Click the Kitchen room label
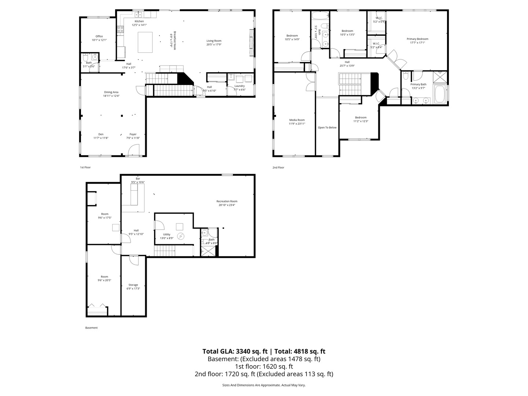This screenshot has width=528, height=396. (x=139, y=21)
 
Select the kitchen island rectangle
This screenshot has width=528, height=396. (x=145, y=42)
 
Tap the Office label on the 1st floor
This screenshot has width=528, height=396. (x=99, y=36)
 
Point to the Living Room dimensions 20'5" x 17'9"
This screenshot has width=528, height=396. (x=214, y=44)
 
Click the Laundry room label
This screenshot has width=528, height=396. (x=239, y=86)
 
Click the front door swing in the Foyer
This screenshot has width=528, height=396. (x=134, y=149)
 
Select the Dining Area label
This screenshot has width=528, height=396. (x=111, y=92)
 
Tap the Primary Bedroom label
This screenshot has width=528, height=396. (x=417, y=39)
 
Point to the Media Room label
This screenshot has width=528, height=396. (x=297, y=120)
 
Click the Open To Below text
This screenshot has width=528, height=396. (x=327, y=128)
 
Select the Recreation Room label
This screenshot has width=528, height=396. (x=227, y=201)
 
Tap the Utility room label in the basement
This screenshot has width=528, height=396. (x=166, y=234)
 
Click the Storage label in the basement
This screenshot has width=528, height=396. (x=133, y=285)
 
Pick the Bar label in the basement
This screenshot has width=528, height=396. (x=138, y=179)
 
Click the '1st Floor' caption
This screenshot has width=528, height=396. (x=85, y=167)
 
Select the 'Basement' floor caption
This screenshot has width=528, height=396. (x=91, y=328)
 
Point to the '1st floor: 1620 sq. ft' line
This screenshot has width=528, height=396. (x=264, y=366)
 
